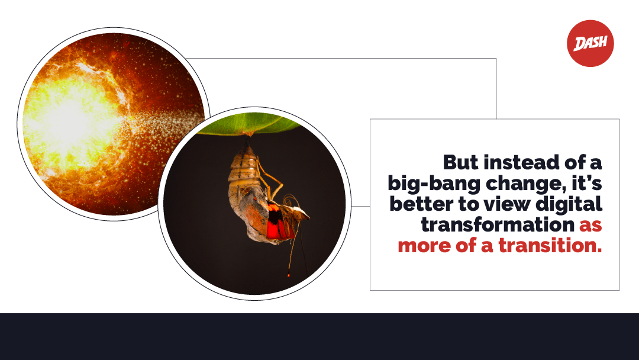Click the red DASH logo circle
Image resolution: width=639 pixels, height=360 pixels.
pyautogui.click(x=590, y=43)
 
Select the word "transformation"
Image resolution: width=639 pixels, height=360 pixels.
pyautogui.click(x=498, y=224)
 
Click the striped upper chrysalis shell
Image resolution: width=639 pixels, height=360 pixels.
pyautogui.click(x=243, y=167)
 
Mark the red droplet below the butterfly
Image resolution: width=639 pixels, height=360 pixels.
pyautogui.click(x=289, y=275)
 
